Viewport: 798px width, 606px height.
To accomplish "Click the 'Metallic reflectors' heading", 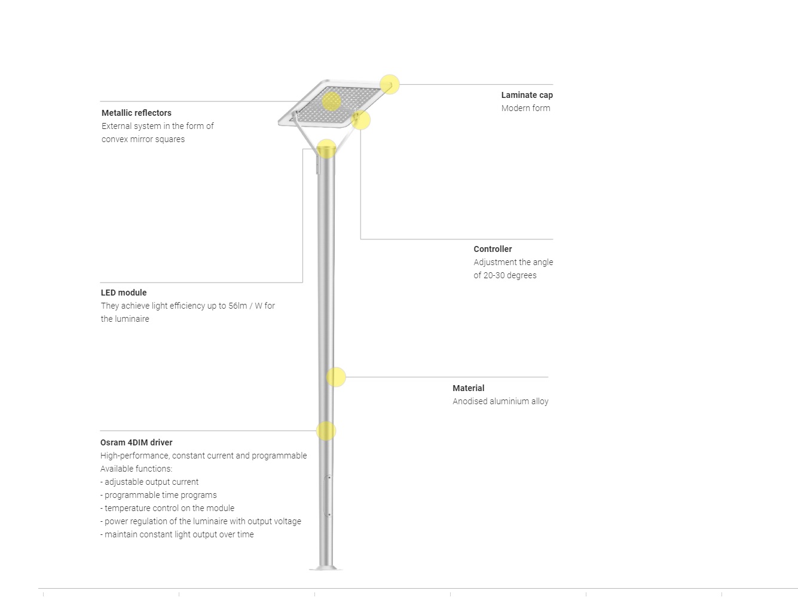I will pos(136,113).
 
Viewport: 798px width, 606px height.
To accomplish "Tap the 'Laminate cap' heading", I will pos(527,95).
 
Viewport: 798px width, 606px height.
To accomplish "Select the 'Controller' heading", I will pos(493,249).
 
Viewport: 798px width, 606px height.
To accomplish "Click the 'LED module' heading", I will pos(124,293).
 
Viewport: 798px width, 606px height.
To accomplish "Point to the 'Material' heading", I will pos(468,388).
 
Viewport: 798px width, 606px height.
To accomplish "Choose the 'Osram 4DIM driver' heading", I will pos(136,442).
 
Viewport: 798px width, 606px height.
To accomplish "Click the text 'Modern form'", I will pos(525,108).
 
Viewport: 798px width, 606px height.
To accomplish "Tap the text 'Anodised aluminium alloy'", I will pos(500,401).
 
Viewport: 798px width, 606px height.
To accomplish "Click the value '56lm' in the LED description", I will pos(237,306).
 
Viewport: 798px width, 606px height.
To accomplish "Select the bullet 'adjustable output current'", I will pos(151,482).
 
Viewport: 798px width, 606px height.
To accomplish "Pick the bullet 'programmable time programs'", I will pos(160,495).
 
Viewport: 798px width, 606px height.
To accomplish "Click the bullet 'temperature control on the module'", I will pos(169,508).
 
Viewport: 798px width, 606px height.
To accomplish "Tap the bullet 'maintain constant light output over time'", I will pos(179,534).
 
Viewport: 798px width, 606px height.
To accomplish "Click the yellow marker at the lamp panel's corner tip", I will pos(390,84).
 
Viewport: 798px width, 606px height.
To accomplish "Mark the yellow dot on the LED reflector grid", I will pos(331,101).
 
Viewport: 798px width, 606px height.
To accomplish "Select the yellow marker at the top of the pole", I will pos(326,149).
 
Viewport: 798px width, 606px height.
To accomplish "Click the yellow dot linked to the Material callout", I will pos(336,377).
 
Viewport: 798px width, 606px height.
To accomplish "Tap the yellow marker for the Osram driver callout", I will pos(326,431).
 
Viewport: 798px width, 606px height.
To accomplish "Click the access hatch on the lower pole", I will pos(328,496).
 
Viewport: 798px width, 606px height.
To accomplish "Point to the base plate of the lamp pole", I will pos(326,568).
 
